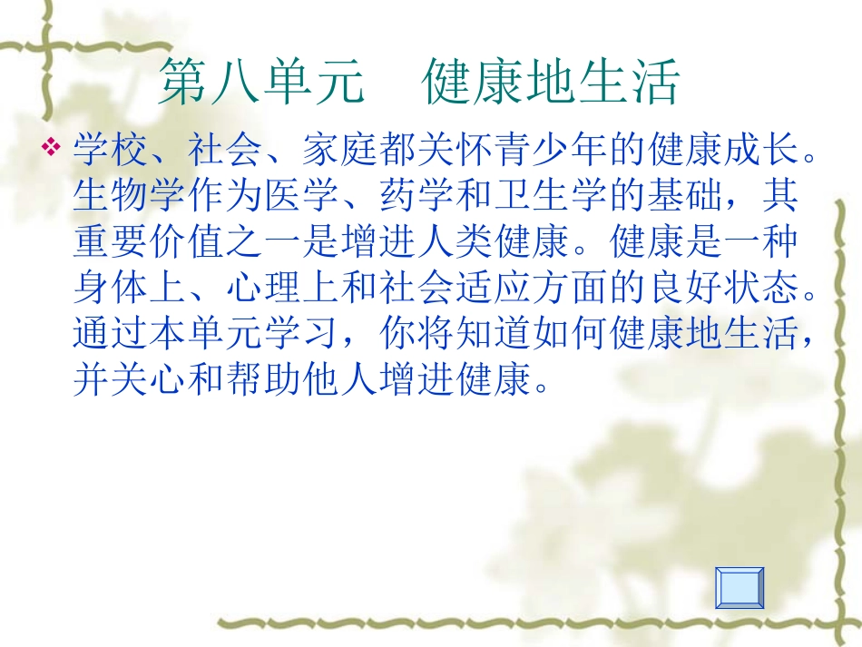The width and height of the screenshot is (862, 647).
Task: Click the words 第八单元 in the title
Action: click(262, 84)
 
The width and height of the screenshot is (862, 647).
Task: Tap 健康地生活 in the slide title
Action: click(551, 84)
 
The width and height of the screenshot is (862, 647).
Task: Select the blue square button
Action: click(740, 587)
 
